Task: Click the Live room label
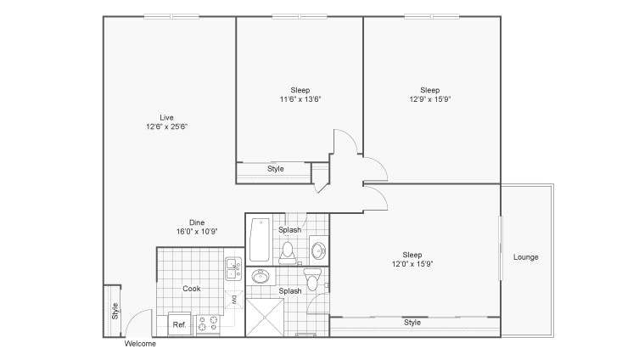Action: [166, 117]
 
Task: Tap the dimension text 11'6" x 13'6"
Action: [300, 99]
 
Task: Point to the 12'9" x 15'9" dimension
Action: [430, 99]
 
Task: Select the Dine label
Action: [197, 222]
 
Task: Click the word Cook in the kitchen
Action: [192, 289]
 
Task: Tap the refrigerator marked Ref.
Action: [180, 324]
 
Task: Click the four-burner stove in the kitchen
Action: [208, 325]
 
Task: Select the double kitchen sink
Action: [233, 268]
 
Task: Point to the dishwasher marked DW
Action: [234, 300]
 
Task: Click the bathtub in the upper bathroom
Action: [260, 239]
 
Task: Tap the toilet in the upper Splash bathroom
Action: [288, 252]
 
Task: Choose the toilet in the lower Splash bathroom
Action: [312, 278]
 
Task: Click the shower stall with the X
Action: [265, 318]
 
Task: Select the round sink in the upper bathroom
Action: [318, 250]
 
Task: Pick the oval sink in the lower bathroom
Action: [260, 277]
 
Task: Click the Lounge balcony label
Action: [525, 257]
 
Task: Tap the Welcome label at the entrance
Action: [140, 344]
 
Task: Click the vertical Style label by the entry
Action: [115, 311]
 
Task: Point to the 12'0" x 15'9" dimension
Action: [412, 264]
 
